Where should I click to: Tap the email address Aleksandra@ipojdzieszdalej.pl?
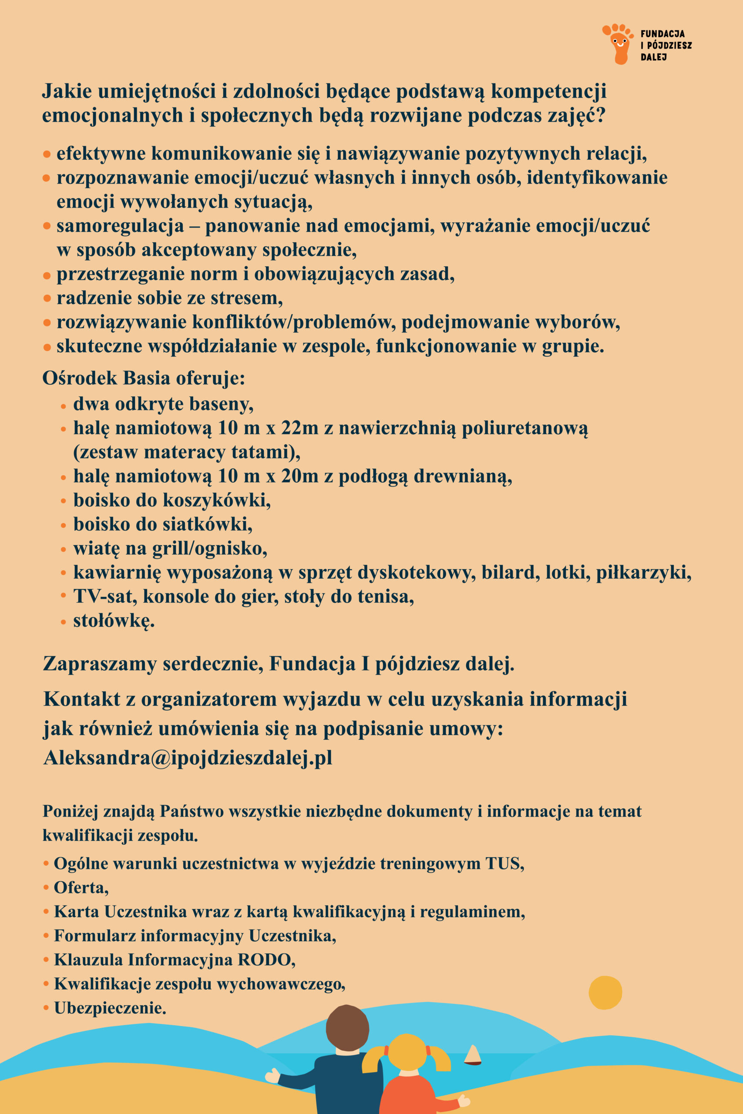[x=188, y=757]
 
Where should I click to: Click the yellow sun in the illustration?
[x=605, y=993]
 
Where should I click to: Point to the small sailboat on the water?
[x=472, y=1055]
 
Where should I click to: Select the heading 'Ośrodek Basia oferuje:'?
[x=144, y=378]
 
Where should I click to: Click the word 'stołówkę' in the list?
[x=113, y=621]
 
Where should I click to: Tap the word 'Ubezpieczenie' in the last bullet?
[x=109, y=1007]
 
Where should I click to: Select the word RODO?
[x=266, y=959]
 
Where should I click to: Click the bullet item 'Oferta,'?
[x=81, y=887]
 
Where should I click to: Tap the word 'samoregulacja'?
[x=120, y=226]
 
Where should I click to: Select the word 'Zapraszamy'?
[x=100, y=664]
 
